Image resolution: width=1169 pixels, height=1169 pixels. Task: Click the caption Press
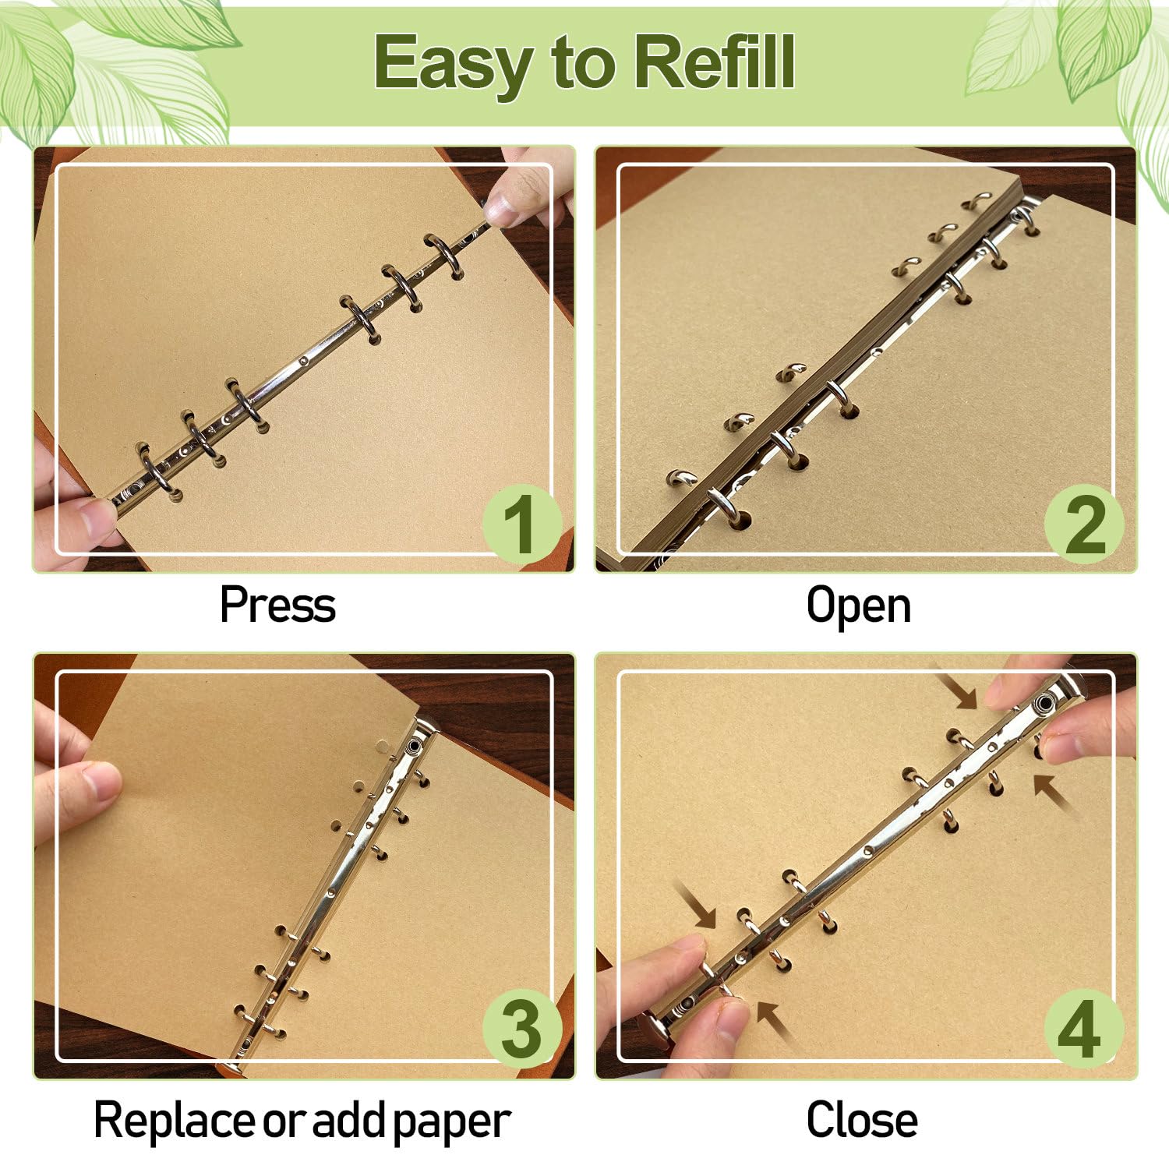(x=277, y=605)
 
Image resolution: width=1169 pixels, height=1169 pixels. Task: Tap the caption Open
(x=858, y=606)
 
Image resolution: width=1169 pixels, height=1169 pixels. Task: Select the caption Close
(x=862, y=1120)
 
